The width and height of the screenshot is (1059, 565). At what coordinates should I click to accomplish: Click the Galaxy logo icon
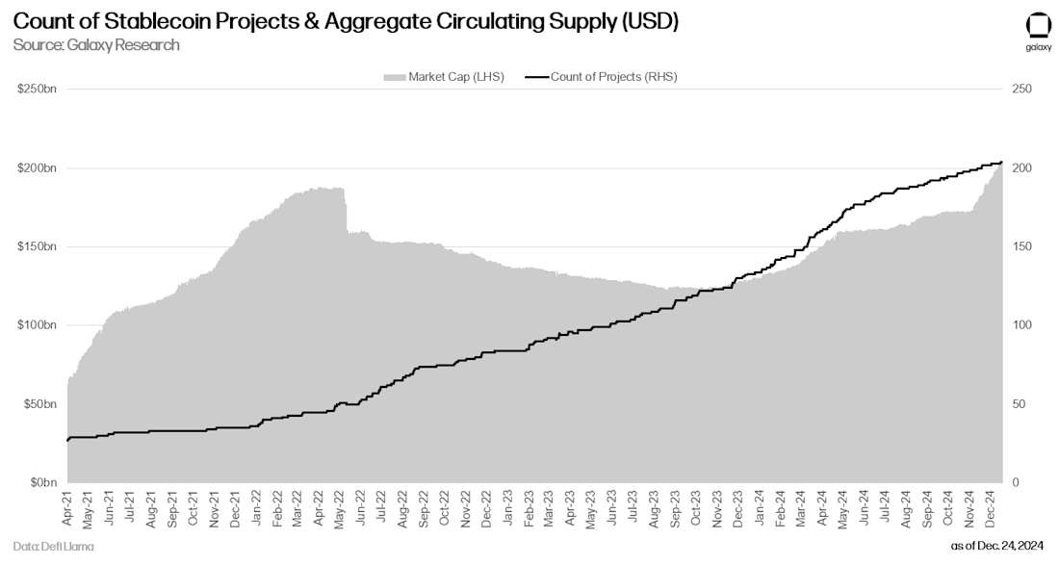1037,26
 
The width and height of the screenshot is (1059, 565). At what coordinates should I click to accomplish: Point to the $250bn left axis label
38,90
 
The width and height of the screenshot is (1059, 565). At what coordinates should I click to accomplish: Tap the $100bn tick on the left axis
38,325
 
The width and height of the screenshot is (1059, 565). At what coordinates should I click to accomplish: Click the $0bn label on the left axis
41,482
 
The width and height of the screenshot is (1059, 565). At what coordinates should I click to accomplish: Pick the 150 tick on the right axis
1021,246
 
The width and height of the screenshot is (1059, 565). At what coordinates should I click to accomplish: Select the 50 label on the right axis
1019,404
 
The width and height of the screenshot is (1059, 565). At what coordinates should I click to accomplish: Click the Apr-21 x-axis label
67,508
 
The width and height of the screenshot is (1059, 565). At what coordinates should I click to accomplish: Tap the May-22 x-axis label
339,508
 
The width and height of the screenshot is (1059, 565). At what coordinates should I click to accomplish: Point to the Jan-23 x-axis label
508,508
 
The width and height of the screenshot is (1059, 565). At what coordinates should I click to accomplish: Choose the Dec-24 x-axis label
988,508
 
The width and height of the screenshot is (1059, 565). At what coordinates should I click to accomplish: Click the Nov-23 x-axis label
717,508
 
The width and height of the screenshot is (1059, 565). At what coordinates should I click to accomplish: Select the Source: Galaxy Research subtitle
96,45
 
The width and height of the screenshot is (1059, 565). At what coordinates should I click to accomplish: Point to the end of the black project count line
1002,162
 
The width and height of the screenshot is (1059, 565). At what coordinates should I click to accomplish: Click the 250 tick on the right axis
1021,90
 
